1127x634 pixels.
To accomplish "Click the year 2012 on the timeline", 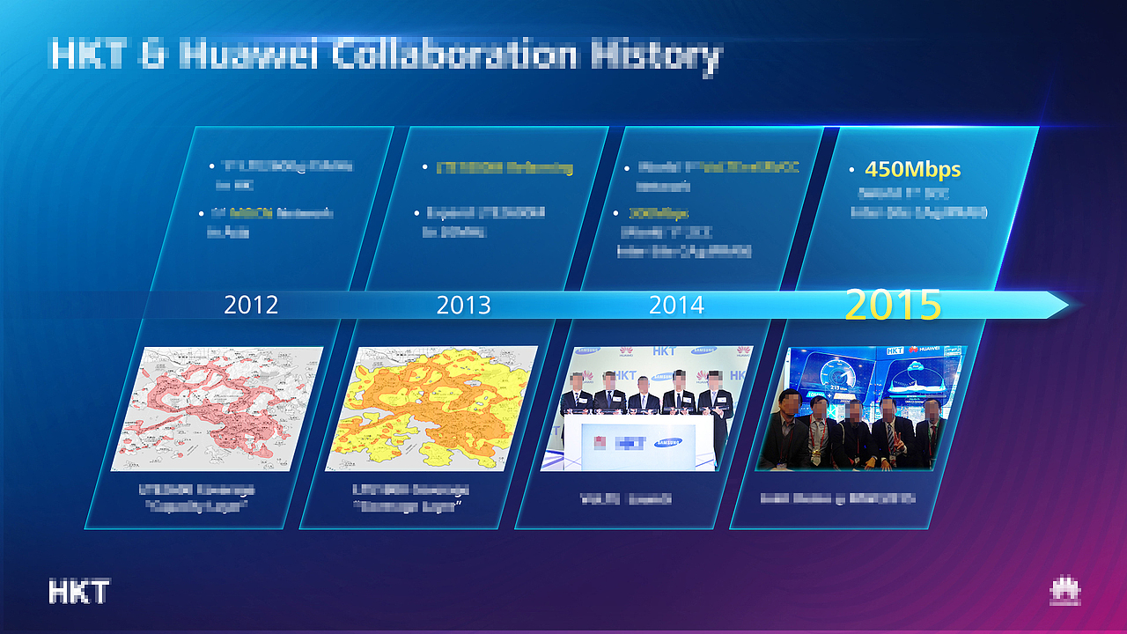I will [x=251, y=305].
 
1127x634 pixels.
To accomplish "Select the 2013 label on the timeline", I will [x=463, y=305].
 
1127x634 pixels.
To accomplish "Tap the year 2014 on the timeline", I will [x=676, y=305].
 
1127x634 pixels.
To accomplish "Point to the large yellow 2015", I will [x=893, y=304].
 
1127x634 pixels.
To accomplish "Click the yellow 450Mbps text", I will [x=912, y=169].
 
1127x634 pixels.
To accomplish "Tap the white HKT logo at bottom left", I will [x=78, y=592].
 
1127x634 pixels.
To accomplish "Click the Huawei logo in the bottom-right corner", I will [x=1064, y=592].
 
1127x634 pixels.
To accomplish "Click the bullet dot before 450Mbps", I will [x=851, y=170].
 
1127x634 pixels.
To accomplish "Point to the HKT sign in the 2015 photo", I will [x=895, y=350].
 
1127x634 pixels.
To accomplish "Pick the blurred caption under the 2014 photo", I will [x=626, y=498].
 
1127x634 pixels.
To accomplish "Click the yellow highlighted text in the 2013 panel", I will [x=505, y=167].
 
